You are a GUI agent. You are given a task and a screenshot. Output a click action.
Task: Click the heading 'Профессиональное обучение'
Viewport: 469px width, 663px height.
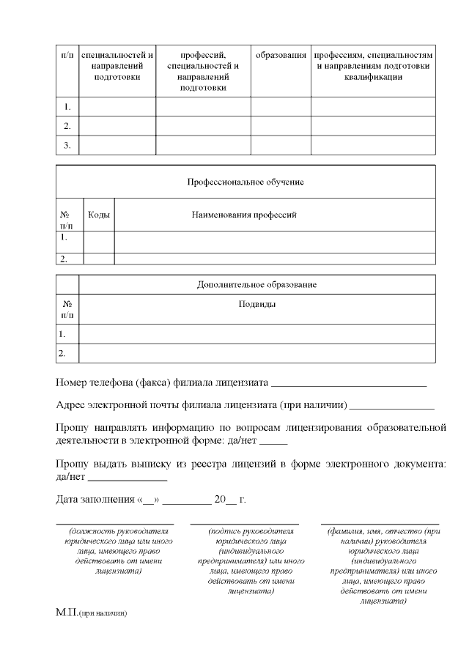point(245,181)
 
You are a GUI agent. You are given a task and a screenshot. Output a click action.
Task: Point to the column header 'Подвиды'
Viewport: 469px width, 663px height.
point(256,304)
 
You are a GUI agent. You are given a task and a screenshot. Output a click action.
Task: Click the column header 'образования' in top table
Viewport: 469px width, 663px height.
point(281,55)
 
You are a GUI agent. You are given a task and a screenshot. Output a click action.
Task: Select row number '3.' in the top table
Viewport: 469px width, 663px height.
point(67,145)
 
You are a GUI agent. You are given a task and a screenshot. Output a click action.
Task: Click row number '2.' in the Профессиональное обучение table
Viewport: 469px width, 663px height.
point(64,259)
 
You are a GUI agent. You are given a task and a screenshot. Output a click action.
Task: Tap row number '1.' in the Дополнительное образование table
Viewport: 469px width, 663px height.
point(63,334)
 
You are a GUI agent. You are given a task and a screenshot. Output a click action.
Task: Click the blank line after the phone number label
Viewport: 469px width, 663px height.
point(349,384)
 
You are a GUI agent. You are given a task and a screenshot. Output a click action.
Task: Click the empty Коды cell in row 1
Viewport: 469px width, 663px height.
point(99,241)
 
